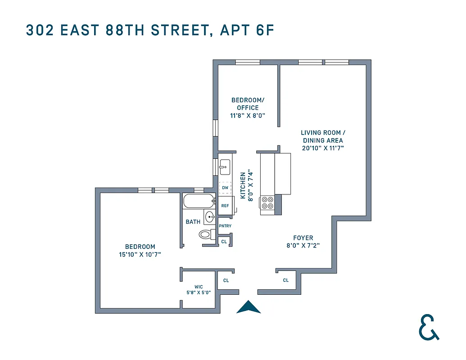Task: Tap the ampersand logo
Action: pyautogui.click(x=428, y=328)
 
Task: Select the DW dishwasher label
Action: pyautogui.click(x=225, y=188)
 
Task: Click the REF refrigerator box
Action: pyautogui.click(x=225, y=205)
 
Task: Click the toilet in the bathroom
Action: pyautogui.click(x=206, y=234)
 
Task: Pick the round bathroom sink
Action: pyautogui.click(x=209, y=218)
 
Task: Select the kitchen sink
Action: pyautogui.click(x=224, y=167)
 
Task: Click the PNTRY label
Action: pyautogui.click(x=225, y=226)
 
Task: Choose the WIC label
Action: pyautogui.click(x=199, y=287)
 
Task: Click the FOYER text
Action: pyautogui.click(x=303, y=238)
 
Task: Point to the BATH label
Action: pyautogui.click(x=193, y=222)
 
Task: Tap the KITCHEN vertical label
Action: pyautogui.click(x=243, y=185)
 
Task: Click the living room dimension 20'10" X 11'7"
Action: pyautogui.click(x=323, y=148)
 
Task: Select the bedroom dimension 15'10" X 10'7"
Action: pyautogui.click(x=140, y=254)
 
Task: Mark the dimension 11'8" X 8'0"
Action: pyautogui.click(x=248, y=115)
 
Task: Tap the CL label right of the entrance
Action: pyautogui.click(x=286, y=280)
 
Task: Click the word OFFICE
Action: pyautogui.click(x=248, y=108)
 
